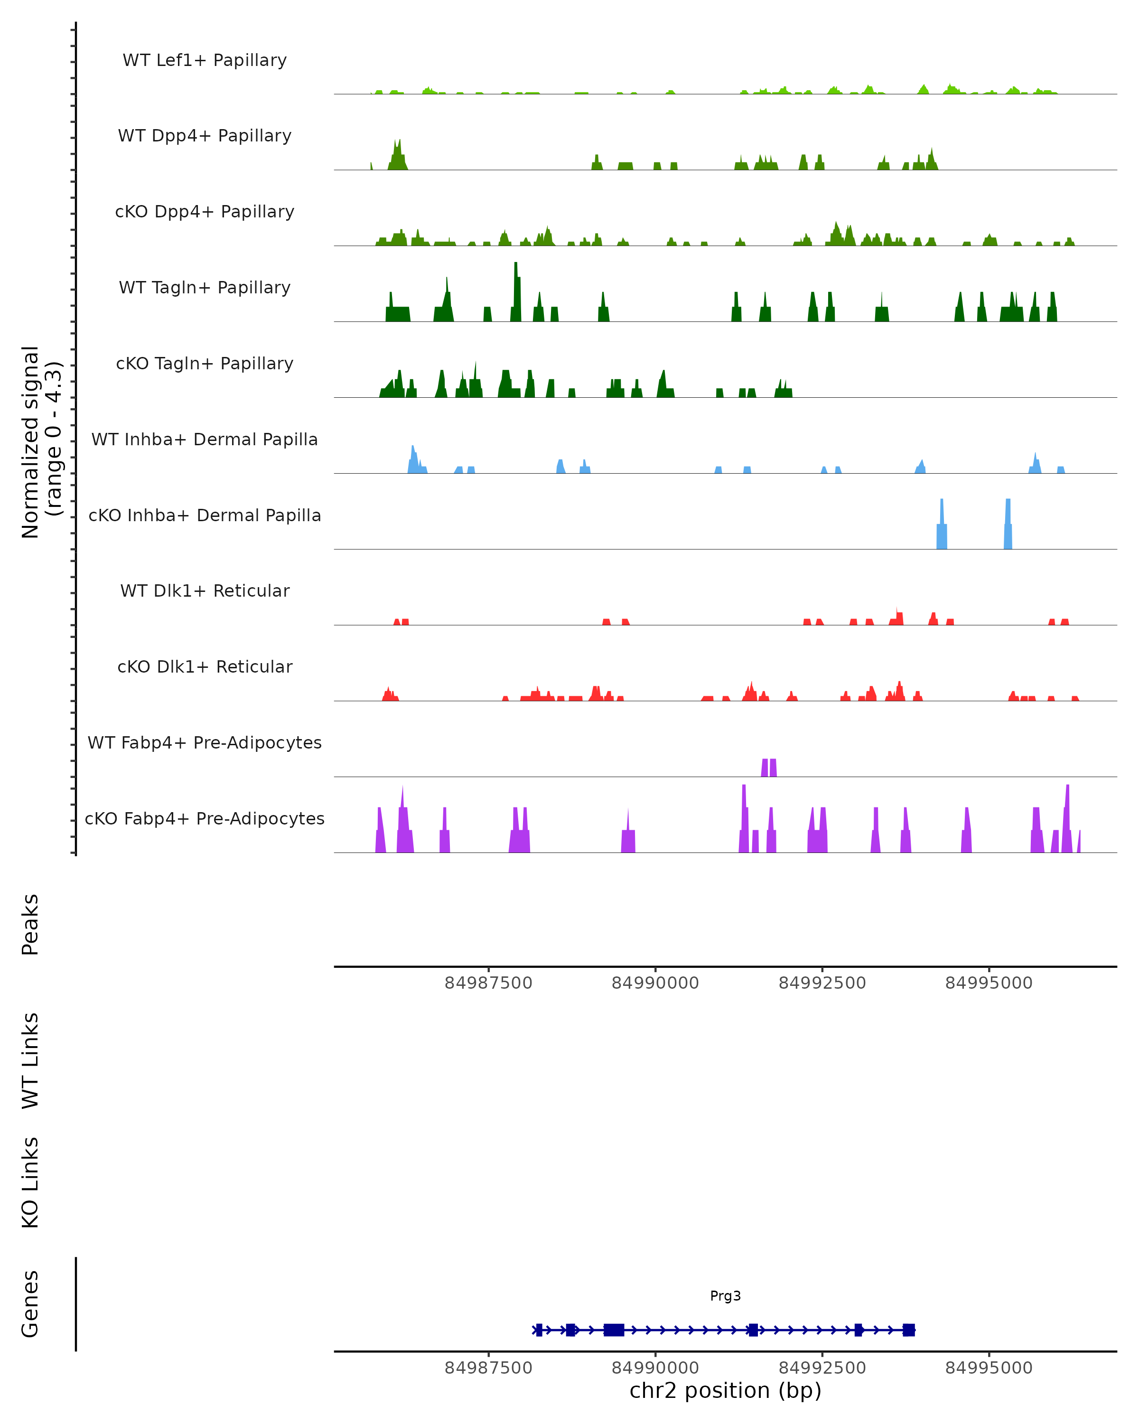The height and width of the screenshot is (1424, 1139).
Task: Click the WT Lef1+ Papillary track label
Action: (205, 60)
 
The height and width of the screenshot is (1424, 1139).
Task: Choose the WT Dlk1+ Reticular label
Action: (205, 590)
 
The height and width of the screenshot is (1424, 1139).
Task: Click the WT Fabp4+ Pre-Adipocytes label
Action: (205, 742)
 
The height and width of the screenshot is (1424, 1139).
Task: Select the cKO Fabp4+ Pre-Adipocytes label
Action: (205, 818)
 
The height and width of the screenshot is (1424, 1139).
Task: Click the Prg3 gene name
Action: (725, 1296)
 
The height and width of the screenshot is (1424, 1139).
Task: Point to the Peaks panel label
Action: (30, 925)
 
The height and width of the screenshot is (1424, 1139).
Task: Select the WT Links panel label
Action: (30, 1060)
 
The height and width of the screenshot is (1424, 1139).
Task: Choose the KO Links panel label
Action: (30, 1182)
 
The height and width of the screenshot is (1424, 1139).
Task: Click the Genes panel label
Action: (30, 1304)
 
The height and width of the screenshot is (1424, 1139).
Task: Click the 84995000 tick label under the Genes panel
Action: (989, 1368)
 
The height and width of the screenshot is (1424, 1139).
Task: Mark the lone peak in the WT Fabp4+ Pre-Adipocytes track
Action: (768, 768)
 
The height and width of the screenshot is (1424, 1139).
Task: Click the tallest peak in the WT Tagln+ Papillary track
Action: (516, 290)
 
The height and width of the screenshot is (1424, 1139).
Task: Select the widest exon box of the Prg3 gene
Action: (614, 1330)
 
